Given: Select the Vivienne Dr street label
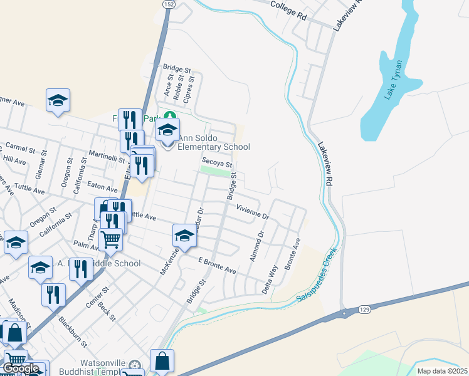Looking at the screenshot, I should tap(252, 212).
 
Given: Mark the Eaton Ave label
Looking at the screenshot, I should tap(102, 187).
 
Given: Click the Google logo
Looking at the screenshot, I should tap(21, 368).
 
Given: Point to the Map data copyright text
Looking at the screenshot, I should tap(442, 371).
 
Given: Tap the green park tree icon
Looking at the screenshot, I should tap(169, 116).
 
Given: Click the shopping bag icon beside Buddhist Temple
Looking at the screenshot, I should tap(162, 362).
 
